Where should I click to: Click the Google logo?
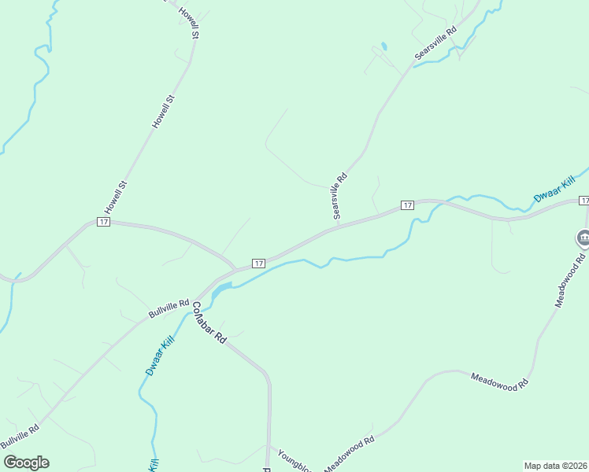click(26, 463)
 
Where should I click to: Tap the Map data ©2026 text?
click(555, 465)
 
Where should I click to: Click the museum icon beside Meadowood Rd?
click(583, 237)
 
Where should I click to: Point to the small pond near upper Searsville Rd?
click(383, 46)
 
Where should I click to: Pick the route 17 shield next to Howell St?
click(103, 222)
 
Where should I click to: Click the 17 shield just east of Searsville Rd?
click(406, 205)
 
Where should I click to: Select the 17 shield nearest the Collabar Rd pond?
click(257, 262)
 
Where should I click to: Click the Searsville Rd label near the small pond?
click(435, 46)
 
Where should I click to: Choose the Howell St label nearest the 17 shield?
click(116, 197)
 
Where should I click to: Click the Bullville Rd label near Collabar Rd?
click(169, 308)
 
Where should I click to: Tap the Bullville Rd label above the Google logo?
click(20, 437)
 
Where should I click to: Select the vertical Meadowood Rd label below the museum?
click(570, 280)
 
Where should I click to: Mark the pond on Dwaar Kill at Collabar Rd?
click(221, 289)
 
